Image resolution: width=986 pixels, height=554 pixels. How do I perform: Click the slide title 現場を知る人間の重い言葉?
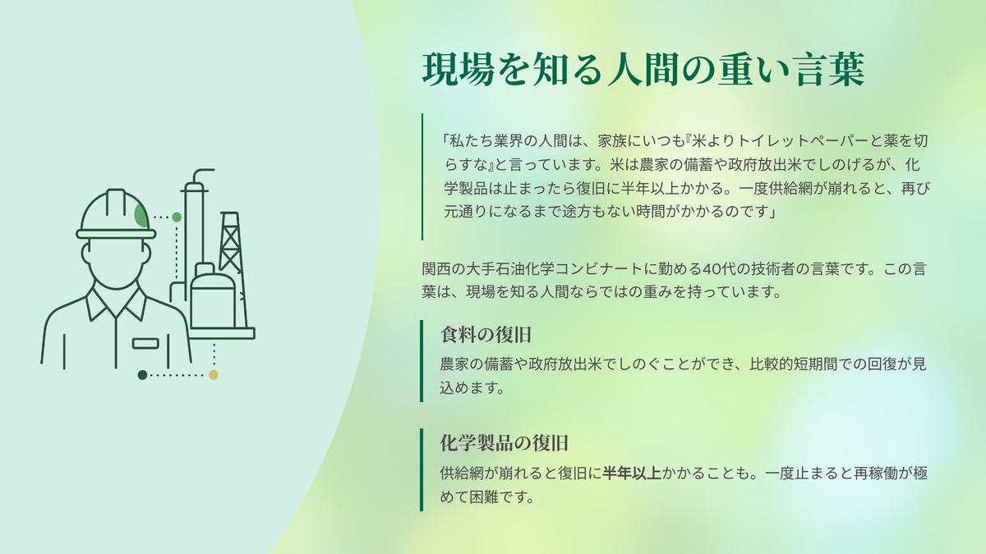click(643, 70)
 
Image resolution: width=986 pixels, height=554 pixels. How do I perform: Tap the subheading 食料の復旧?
click(486, 335)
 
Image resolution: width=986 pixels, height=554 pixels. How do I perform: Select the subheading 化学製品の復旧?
click(505, 442)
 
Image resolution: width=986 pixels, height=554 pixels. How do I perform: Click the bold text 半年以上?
click(632, 473)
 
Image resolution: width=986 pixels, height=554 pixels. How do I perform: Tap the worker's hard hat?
click(116, 214)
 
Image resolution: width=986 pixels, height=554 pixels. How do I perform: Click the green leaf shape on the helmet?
click(141, 215)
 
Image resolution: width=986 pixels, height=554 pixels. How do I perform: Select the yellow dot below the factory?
click(214, 374)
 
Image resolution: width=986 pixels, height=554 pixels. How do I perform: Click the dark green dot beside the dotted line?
click(142, 375)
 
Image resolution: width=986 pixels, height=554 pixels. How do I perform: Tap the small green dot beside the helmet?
click(177, 217)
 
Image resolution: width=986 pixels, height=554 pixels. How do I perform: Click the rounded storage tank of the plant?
click(213, 296)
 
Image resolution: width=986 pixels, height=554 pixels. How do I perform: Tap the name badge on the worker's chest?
click(145, 343)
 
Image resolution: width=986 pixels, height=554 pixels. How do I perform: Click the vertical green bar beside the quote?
click(422, 176)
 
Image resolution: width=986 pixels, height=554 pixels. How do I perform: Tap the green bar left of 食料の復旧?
click(422, 361)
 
